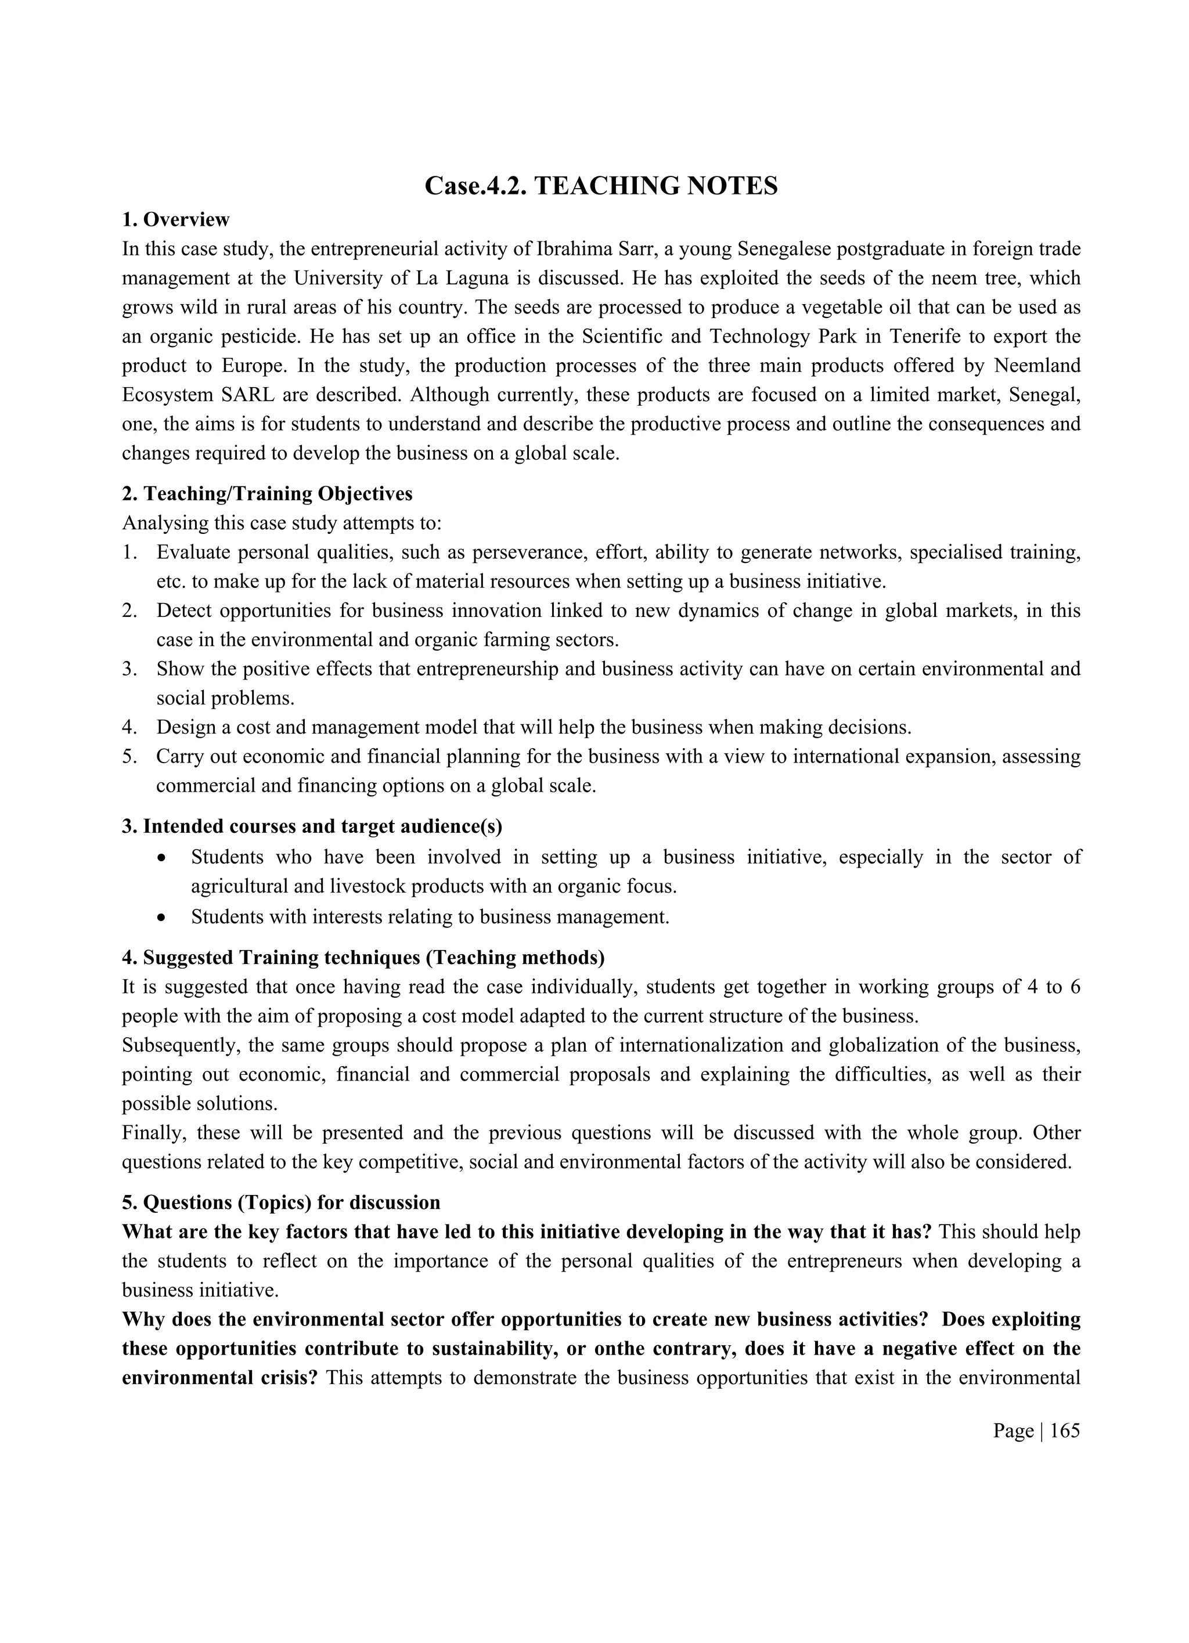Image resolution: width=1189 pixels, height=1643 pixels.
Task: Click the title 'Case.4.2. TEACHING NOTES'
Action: (601, 186)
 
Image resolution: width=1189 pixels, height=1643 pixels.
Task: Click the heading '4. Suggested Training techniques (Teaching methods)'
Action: (363, 958)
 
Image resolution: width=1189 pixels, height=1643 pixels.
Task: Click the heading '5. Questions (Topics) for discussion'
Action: (281, 1203)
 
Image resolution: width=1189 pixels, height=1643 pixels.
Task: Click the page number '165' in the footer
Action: (1064, 1431)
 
